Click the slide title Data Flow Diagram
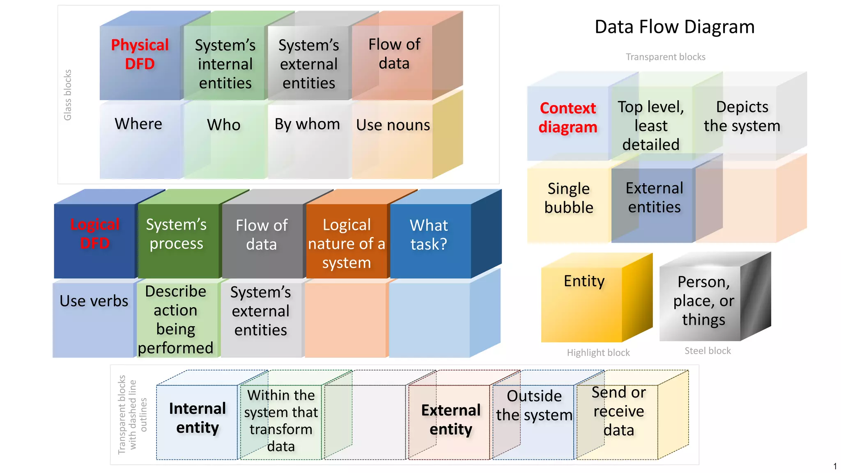(x=674, y=27)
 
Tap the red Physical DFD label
(x=140, y=54)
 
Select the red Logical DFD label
(x=95, y=234)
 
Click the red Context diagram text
(x=568, y=117)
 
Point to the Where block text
(x=138, y=124)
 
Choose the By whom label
(x=307, y=124)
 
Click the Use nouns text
(x=393, y=125)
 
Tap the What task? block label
(x=429, y=234)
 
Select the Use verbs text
(x=94, y=301)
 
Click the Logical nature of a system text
(x=347, y=243)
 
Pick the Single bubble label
(x=569, y=198)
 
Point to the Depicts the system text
(x=742, y=116)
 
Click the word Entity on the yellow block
(x=584, y=281)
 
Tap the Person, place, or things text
(x=703, y=301)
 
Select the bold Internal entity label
(x=198, y=418)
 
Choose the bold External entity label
(x=451, y=420)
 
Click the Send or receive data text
(x=618, y=411)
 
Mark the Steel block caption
(x=708, y=351)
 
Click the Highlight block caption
(x=598, y=353)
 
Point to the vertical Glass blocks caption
(x=68, y=95)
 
